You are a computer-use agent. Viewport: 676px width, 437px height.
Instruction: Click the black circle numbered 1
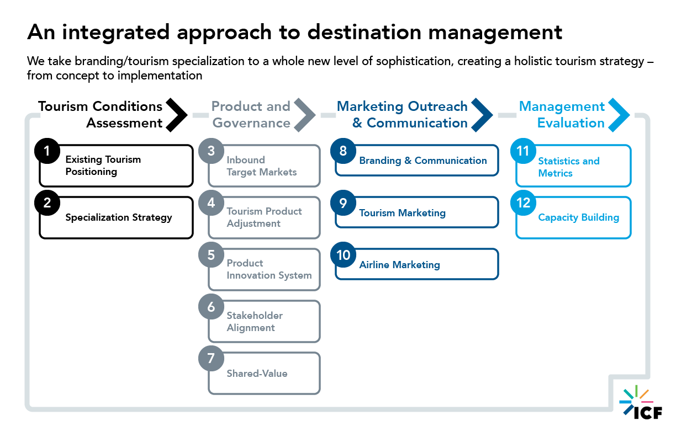point(47,151)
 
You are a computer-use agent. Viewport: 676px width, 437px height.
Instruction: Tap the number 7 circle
point(211,359)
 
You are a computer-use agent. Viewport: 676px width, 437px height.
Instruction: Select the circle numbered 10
point(344,255)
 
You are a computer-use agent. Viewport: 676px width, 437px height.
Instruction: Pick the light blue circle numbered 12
point(523,203)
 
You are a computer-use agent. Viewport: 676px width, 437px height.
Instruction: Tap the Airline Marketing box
point(417,265)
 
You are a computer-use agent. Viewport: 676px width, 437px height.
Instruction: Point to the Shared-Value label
point(257,374)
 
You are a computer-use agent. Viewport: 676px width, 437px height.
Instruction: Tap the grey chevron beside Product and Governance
point(304,114)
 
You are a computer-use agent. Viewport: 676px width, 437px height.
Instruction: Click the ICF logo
point(641,403)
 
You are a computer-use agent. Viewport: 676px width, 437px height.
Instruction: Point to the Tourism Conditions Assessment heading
point(101,114)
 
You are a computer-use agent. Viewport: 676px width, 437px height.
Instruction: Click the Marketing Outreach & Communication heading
point(402,114)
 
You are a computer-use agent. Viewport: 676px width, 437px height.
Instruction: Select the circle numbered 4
point(211,203)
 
